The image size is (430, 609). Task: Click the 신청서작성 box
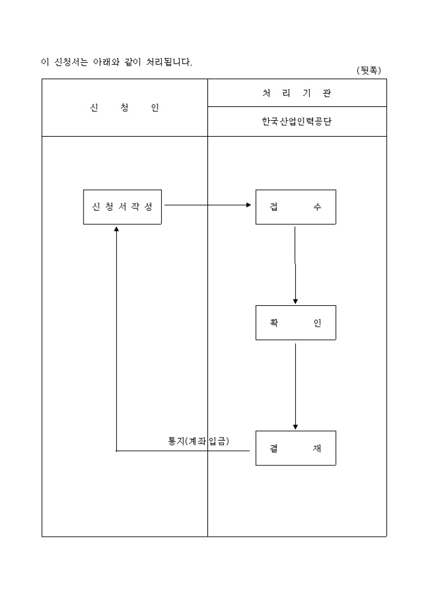[123, 207]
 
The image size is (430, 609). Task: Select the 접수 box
[295, 207]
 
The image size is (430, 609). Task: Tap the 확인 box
[295, 323]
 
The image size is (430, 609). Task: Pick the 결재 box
[295, 448]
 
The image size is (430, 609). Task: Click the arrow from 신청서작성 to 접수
[206, 205]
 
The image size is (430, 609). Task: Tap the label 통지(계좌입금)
[198, 441]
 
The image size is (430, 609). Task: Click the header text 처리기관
[297, 94]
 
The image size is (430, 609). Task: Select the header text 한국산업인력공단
[297, 122]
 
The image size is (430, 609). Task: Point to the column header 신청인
[125, 108]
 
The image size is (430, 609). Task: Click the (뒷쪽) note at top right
[369, 71]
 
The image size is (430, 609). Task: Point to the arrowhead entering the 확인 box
[295, 301]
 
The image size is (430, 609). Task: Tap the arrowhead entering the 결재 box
[295, 427]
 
